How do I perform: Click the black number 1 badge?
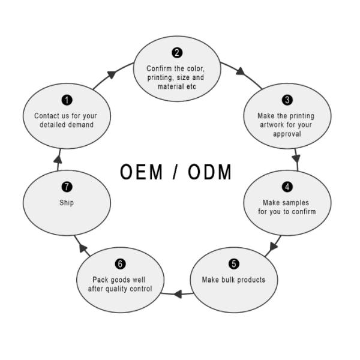[67, 100]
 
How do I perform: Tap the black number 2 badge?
[177, 53]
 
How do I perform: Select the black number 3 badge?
[287, 100]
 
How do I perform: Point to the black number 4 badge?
[287, 187]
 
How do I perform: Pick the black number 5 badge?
[234, 264]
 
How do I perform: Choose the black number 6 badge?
[120, 264]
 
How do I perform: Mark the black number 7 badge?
[67, 187]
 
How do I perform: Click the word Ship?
[67, 203]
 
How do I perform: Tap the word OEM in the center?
[141, 172]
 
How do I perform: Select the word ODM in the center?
[209, 172]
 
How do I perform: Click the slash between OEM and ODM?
[175, 172]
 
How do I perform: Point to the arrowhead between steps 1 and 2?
[112, 74]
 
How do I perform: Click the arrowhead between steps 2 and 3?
[240, 71]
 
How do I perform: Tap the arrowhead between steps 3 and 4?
[296, 159]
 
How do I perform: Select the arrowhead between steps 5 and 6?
[178, 294]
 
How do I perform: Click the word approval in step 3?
[287, 134]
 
